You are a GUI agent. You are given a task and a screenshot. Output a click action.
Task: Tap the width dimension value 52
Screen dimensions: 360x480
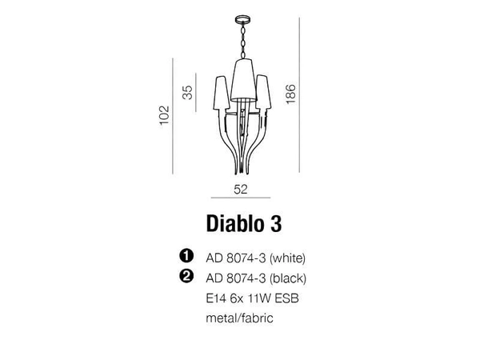[239, 190]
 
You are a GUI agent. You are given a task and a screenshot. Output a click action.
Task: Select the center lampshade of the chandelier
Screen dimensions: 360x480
[240, 76]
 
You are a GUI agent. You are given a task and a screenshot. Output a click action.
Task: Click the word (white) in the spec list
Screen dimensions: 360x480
[288, 258]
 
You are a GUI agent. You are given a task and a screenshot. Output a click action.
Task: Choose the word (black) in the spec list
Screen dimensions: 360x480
[288, 278]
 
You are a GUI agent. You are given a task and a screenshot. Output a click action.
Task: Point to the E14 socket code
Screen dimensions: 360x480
[216, 298]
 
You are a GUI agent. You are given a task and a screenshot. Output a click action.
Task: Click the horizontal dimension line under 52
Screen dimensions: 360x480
[239, 198]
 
